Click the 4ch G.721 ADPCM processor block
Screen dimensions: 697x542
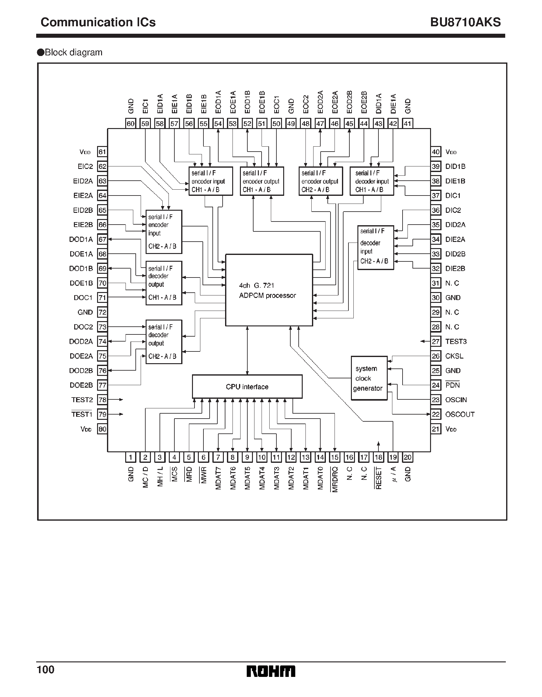(x=269, y=290)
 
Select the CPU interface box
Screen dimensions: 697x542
(x=247, y=386)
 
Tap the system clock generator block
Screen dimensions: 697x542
(x=369, y=378)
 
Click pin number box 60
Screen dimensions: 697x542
(x=130, y=123)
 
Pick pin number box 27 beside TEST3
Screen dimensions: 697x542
(x=435, y=342)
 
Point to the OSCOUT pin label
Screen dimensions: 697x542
(x=459, y=414)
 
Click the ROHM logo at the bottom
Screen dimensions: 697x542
(x=271, y=671)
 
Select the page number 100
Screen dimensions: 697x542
(x=46, y=669)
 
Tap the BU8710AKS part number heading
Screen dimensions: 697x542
(x=465, y=22)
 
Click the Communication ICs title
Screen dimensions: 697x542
(x=98, y=22)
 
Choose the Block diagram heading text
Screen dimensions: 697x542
(x=73, y=52)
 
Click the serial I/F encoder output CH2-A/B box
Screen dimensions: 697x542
(x=320, y=181)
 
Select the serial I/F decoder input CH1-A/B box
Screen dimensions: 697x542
(x=372, y=181)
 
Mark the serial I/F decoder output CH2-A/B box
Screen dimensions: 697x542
(x=164, y=342)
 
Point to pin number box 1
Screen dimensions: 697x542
(x=130, y=457)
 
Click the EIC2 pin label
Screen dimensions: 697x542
(x=85, y=166)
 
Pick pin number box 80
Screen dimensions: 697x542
(x=102, y=429)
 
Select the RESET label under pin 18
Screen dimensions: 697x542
(x=378, y=478)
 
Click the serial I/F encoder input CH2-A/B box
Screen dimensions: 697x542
(x=164, y=232)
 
